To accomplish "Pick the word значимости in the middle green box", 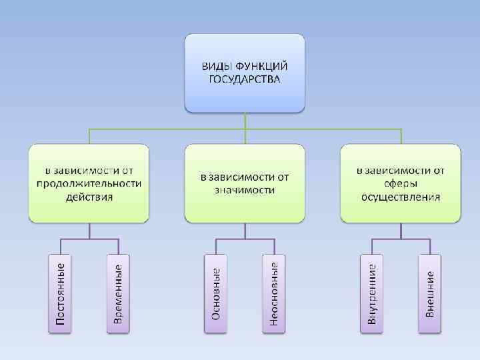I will tap(245, 190).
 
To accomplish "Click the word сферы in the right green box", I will tap(401, 183).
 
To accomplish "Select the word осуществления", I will tap(401, 197).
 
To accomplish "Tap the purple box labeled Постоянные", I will tap(60, 294).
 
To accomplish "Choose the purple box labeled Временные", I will tap(118, 294).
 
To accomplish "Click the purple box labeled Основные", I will tap(216, 294).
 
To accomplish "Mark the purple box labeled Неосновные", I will tap(274, 294).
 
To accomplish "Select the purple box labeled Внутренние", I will tap(372, 294).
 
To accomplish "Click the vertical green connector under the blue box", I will tap(245, 119).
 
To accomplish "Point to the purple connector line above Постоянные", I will tap(60, 245).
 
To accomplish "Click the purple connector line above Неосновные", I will tap(274, 245).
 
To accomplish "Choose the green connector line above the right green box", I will tap(401, 135).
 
